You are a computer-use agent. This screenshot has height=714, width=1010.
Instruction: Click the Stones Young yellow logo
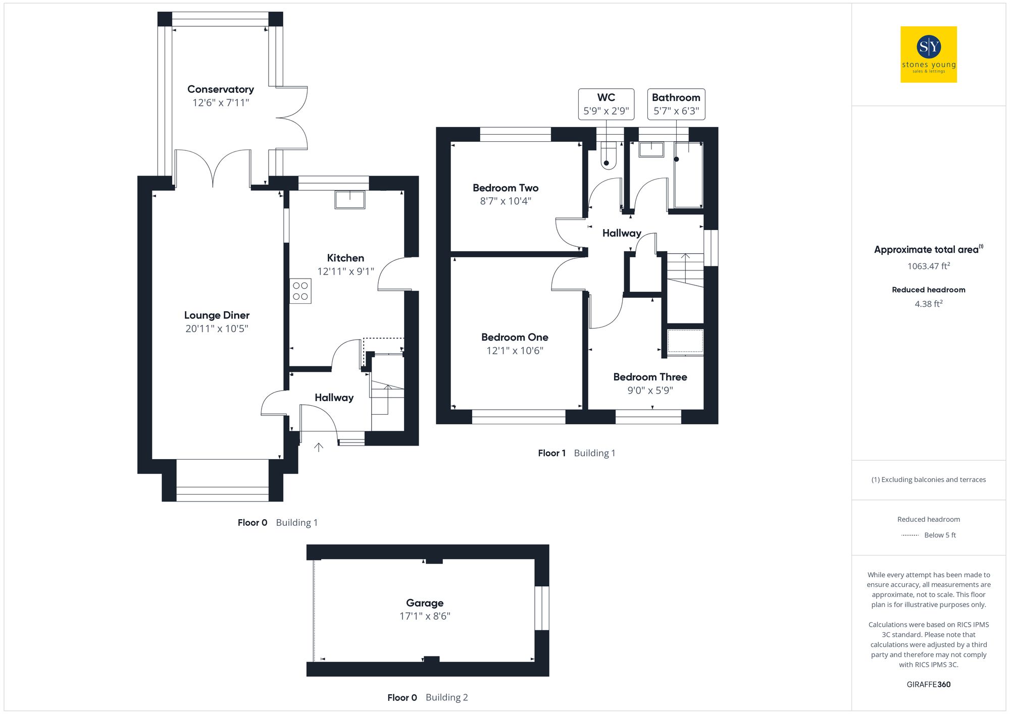click(x=928, y=54)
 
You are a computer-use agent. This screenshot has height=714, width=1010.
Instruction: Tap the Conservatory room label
click(x=220, y=89)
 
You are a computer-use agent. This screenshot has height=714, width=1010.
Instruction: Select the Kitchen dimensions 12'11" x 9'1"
click(x=345, y=271)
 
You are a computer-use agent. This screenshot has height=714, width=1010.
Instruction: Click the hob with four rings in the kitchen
click(x=300, y=291)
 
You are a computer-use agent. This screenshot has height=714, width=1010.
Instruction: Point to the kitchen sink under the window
click(x=349, y=199)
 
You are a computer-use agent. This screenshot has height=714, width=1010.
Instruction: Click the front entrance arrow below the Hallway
click(x=319, y=447)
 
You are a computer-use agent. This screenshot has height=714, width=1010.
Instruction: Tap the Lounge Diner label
click(x=217, y=315)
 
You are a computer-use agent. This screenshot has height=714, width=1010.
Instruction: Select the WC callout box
click(x=606, y=104)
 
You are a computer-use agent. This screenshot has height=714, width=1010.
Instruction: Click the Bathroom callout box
click(x=676, y=104)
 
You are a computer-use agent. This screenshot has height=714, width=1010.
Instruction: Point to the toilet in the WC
click(x=608, y=156)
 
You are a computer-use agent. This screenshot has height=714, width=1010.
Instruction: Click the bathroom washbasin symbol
click(x=651, y=149)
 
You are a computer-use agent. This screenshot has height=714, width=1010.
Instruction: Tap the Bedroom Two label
click(x=506, y=188)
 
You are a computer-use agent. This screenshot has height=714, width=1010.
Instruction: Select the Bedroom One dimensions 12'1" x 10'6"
click(x=515, y=351)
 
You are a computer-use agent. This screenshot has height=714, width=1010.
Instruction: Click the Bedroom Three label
click(x=650, y=377)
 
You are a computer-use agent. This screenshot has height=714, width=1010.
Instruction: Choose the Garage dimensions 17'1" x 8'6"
click(x=425, y=616)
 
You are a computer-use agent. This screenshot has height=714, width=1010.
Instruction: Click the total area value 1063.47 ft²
click(x=928, y=266)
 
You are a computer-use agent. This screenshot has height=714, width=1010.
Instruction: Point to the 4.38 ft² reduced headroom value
click(x=928, y=304)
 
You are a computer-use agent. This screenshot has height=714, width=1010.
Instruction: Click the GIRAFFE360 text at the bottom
click(x=928, y=685)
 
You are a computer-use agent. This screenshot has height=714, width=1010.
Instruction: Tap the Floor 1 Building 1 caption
click(x=576, y=453)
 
